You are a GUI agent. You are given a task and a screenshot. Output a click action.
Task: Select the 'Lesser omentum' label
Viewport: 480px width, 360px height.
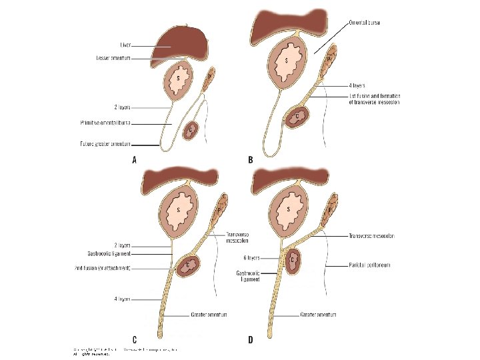tap(113, 58)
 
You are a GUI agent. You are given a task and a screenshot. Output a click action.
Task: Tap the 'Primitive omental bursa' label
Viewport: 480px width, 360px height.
tap(107, 123)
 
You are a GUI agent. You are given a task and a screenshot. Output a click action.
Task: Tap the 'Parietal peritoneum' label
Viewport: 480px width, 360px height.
tap(370, 265)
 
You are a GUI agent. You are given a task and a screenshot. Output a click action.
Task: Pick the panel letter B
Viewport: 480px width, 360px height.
tap(251, 160)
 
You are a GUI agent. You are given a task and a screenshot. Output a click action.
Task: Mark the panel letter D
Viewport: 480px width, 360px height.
tap(251, 340)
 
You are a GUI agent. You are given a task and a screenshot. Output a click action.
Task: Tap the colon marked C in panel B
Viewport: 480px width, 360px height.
tap(296, 115)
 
